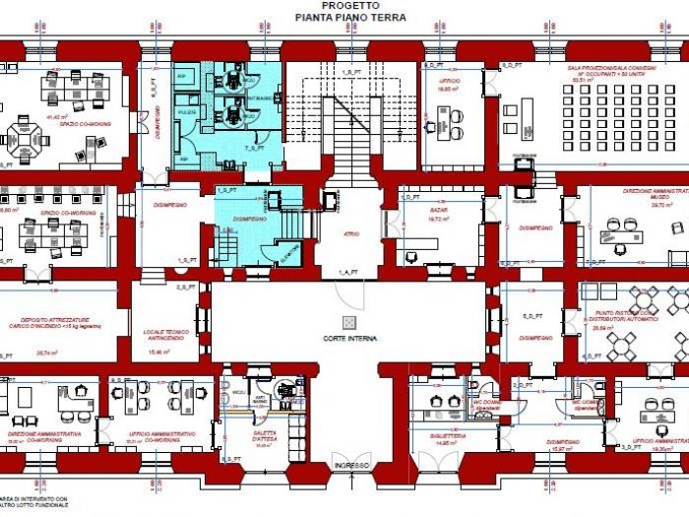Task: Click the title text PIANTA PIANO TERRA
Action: (344, 17)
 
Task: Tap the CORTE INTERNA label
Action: (348, 338)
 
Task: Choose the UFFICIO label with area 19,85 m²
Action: (449, 83)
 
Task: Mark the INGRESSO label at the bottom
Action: (350, 465)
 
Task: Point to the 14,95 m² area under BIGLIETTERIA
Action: (448, 443)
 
